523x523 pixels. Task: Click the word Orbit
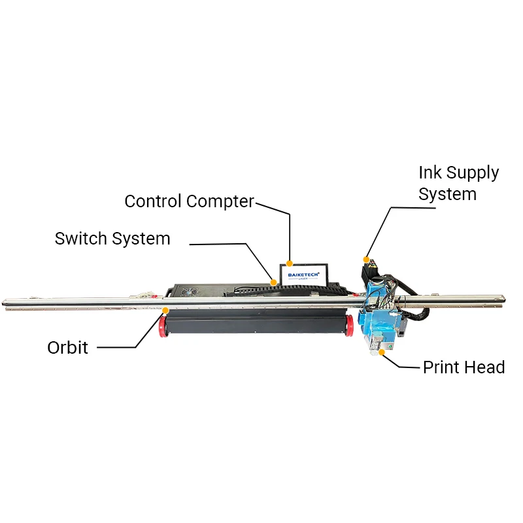pyautogui.click(x=67, y=346)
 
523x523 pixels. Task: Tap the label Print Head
pyautogui.click(x=464, y=367)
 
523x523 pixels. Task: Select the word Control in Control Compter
pyautogui.click(x=153, y=201)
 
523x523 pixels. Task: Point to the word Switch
pyautogui.click(x=81, y=239)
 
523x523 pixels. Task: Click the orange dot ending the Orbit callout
pyautogui.click(x=165, y=310)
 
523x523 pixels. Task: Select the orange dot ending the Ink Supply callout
pyautogui.click(x=366, y=258)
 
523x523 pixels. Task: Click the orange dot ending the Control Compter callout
pyautogui.click(x=290, y=263)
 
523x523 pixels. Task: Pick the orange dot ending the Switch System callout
pyautogui.click(x=273, y=282)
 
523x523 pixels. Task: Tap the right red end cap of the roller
pyautogui.click(x=350, y=324)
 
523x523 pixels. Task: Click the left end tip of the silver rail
pyautogui.click(x=5, y=302)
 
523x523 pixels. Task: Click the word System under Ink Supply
pyautogui.click(x=447, y=194)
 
